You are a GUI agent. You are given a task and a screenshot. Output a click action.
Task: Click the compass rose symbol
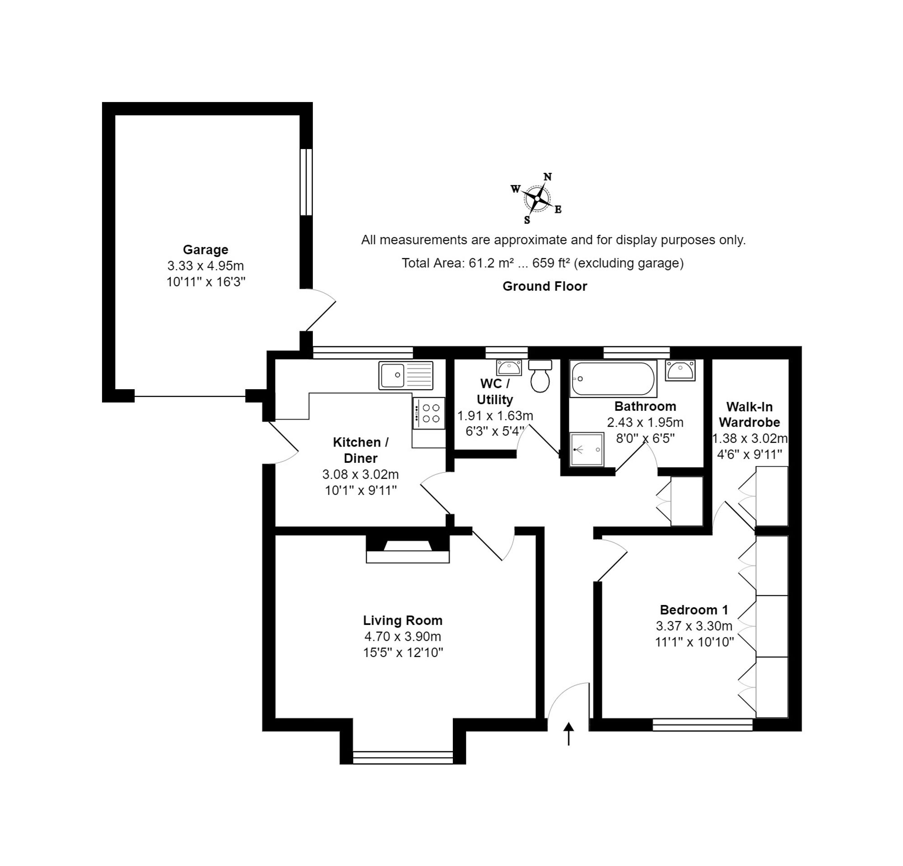point(537,199)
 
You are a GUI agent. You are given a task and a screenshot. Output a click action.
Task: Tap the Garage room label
point(205,250)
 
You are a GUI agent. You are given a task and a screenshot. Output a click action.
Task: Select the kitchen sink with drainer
point(406,375)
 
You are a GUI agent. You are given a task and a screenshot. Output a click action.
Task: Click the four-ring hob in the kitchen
point(429,413)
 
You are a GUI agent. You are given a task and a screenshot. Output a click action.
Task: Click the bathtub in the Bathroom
point(613,379)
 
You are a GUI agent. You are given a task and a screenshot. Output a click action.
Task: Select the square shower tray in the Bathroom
point(586,449)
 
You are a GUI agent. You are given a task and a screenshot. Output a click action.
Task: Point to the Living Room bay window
point(403,757)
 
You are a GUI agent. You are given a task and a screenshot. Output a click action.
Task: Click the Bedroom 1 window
point(703,725)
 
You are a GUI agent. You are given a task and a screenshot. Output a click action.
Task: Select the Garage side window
point(306,182)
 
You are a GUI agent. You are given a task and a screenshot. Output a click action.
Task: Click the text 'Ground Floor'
point(545,286)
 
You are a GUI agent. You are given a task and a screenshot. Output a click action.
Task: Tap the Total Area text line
point(542,263)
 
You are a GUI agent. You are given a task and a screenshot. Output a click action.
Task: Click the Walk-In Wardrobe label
point(749,414)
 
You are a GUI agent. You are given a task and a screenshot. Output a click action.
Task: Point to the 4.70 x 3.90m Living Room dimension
point(403,636)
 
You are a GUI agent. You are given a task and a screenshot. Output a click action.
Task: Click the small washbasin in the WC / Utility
point(509,368)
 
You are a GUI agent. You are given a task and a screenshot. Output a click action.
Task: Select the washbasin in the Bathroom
point(680,370)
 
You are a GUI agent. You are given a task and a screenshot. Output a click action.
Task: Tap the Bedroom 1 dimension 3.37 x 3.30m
point(694,626)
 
